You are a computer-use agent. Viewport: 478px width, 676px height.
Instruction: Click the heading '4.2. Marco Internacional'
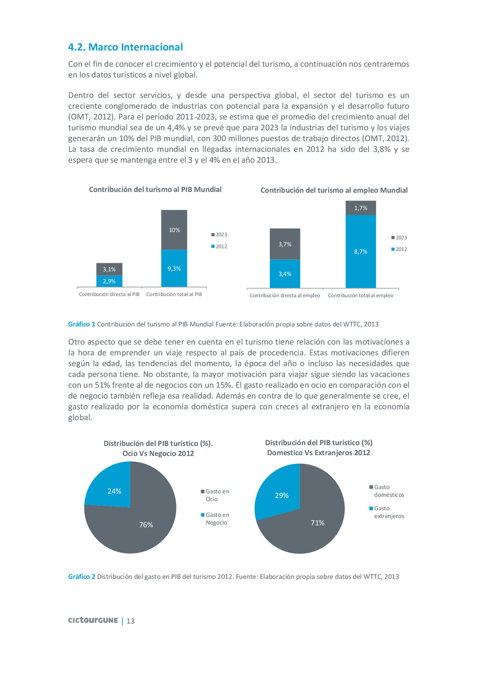click(x=125, y=47)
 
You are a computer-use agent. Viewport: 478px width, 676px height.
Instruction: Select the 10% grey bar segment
click(x=174, y=230)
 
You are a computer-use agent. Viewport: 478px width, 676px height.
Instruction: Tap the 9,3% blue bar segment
click(x=174, y=268)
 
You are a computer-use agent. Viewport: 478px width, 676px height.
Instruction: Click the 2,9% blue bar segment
click(x=109, y=281)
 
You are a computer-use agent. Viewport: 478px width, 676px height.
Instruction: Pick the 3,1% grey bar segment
click(x=109, y=269)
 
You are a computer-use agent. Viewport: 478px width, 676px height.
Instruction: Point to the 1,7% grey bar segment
click(x=360, y=208)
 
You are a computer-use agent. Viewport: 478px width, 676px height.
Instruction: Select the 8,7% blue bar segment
click(x=360, y=252)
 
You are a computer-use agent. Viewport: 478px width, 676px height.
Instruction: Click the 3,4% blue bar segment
click(x=285, y=274)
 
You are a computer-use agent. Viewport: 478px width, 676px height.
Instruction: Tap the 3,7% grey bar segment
click(x=285, y=244)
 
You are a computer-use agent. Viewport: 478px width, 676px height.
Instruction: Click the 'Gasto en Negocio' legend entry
click(x=216, y=519)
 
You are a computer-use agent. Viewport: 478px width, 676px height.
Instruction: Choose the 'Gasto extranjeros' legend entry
click(x=387, y=512)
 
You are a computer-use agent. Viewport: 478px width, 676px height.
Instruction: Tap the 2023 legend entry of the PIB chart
click(x=220, y=235)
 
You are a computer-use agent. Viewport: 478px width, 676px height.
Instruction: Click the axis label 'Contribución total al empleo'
click(x=360, y=296)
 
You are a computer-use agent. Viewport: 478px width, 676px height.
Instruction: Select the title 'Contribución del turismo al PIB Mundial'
click(x=155, y=190)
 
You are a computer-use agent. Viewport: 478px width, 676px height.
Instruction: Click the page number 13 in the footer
click(x=131, y=621)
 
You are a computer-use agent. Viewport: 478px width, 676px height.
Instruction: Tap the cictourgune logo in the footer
click(x=93, y=620)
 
